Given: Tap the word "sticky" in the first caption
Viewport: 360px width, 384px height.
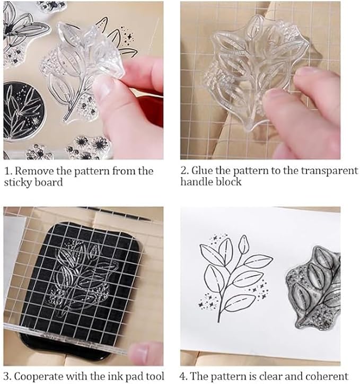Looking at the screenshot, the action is pos(17,182).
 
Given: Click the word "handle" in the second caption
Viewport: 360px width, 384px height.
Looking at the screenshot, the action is pos(196,182).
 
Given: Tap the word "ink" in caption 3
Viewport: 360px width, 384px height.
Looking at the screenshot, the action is pos(115,376).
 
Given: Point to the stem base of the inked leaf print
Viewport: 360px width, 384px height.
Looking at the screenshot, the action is pos(218,320).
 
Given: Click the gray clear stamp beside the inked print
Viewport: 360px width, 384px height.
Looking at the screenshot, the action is pos(314,288).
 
